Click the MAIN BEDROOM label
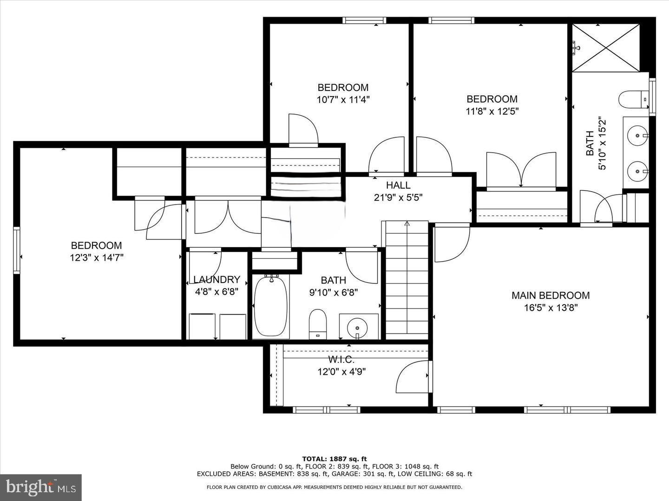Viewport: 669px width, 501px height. click(x=551, y=295)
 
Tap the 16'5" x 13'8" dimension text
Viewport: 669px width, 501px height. click(x=551, y=308)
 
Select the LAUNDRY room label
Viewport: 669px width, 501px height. click(x=216, y=280)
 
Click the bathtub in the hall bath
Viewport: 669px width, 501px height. click(x=271, y=306)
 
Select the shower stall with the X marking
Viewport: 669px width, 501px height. click(x=605, y=47)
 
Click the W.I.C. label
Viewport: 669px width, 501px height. click(x=341, y=360)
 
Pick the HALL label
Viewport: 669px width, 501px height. click(x=398, y=185)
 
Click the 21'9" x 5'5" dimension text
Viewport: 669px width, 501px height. click(x=398, y=197)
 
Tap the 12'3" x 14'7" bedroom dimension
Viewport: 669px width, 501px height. click(x=97, y=257)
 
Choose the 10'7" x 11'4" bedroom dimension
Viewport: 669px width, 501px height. click(x=343, y=99)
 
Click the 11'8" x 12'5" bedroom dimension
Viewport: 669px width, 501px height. click(x=492, y=111)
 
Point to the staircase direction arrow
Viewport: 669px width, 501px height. click(x=407, y=224)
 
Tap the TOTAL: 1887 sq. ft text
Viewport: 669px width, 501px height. click(x=334, y=459)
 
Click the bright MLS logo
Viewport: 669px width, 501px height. click(x=41, y=487)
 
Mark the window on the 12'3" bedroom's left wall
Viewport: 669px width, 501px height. click(x=17, y=250)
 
